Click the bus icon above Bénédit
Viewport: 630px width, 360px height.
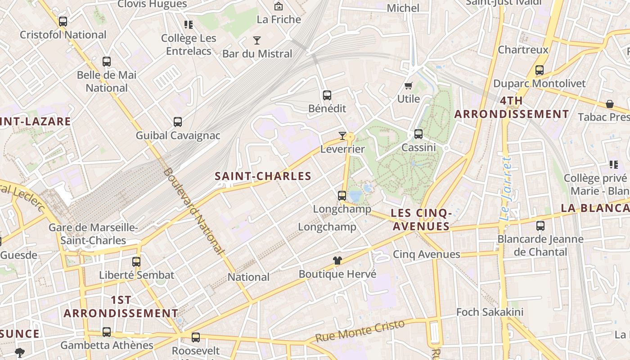pyautogui.click(x=327, y=95)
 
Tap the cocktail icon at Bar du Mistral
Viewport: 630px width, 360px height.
pyautogui.click(x=256, y=40)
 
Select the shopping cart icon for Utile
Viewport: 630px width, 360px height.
pyautogui.click(x=409, y=85)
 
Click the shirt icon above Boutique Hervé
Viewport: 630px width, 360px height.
pyautogui.click(x=337, y=261)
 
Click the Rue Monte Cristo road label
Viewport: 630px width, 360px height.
pyautogui.click(x=360, y=331)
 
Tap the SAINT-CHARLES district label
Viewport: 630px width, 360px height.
pyautogui.click(x=263, y=176)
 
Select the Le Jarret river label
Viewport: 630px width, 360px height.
pyautogui.click(x=505, y=189)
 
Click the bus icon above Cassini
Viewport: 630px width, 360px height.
pyautogui.click(x=418, y=134)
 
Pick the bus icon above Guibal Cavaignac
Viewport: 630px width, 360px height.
pyautogui.click(x=178, y=122)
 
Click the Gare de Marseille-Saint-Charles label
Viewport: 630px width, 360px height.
pyautogui.click(x=94, y=234)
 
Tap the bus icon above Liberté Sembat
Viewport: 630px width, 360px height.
pyautogui.click(x=136, y=261)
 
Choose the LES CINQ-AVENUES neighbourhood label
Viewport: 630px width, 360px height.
pyautogui.click(x=421, y=220)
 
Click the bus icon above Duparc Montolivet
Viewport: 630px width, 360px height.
pyautogui.click(x=539, y=70)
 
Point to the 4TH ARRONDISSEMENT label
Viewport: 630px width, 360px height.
pyautogui.click(x=512, y=108)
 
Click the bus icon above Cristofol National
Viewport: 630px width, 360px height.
pyautogui.click(x=63, y=21)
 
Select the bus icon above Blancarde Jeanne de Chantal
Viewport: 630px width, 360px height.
pyautogui.click(x=540, y=225)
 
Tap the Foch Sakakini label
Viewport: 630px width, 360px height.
pyautogui.click(x=490, y=312)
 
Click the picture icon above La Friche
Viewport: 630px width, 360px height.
pyautogui.click(x=279, y=6)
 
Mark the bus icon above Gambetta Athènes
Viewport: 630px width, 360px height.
pyautogui.click(x=107, y=332)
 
